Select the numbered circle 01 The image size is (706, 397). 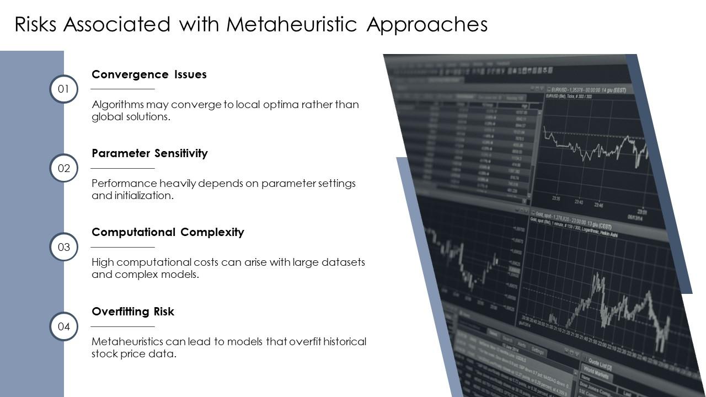(x=64, y=89)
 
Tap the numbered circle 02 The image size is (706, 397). (x=64, y=168)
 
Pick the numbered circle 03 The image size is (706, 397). (x=64, y=247)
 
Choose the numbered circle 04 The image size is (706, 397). (x=64, y=326)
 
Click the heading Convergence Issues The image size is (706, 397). (x=149, y=74)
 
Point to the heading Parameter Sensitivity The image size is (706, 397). (x=149, y=153)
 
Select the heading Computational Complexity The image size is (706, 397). (x=168, y=232)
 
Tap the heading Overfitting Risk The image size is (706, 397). (x=133, y=312)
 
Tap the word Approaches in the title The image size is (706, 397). (x=427, y=25)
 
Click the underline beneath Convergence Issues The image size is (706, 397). (x=122, y=89)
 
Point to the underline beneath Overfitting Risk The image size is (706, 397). (x=122, y=326)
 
